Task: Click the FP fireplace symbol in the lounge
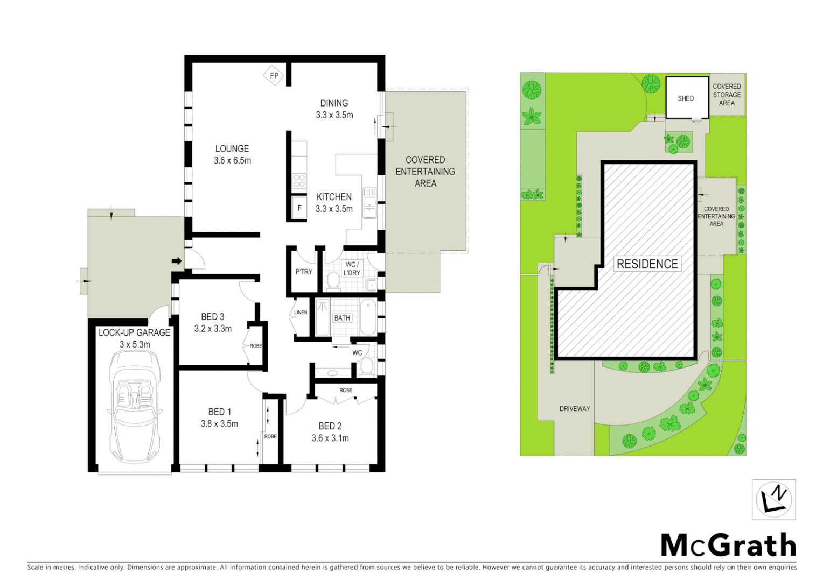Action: pyautogui.click(x=274, y=76)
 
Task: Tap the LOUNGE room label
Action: pyautogui.click(x=232, y=148)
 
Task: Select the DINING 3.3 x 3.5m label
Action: pyautogui.click(x=334, y=109)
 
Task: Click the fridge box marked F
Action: pyautogui.click(x=299, y=208)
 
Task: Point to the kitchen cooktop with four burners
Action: pyautogui.click(x=299, y=181)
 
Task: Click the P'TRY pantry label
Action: pyautogui.click(x=304, y=272)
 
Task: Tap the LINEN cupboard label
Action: pyautogui.click(x=301, y=313)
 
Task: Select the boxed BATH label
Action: pyautogui.click(x=342, y=318)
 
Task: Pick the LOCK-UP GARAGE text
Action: pyautogui.click(x=134, y=332)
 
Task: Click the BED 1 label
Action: pyautogui.click(x=219, y=412)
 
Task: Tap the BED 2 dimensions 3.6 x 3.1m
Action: pyautogui.click(x=330, y=438)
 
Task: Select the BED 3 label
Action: pyautogui.click(x=213, y=317)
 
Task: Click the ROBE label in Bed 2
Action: pyautogui.click(x=346, y=390)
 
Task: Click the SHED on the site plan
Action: pyautogui.click(x=686, y=98)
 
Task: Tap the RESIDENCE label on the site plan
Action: pyautogui.click(x=647, y=264)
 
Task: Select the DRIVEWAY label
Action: pyautogui.click(x=575, y=408)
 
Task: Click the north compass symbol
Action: pyautogui.click(x=773, y=499)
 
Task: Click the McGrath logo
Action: pyautogui.click(x=728, y=545)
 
